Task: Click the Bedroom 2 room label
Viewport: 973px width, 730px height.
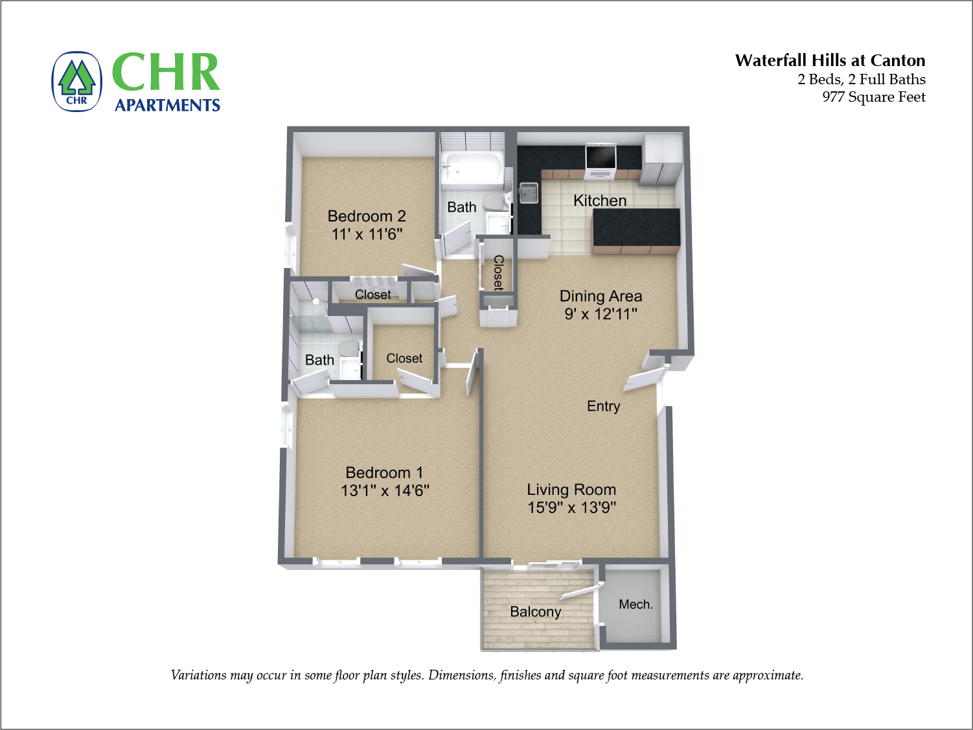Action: click(x=367, y=216)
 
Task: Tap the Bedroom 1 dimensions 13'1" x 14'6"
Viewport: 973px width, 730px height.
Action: click(x=385, y=491)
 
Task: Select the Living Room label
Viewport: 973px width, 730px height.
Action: click(x=571, y=490)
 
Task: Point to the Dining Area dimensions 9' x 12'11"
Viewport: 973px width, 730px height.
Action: click(x=601, y=314)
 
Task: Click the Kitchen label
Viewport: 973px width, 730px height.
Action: click(x=600, y=201)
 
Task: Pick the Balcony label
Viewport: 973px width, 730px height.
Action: click(x=535, y=611)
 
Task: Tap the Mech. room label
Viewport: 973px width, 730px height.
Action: click(x=635, y=604)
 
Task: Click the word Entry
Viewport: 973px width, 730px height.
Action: click(x=603, y=406)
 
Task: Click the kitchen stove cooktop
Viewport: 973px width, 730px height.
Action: click(x=601, y=157)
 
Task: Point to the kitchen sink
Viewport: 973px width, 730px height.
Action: click(x=528, y=193)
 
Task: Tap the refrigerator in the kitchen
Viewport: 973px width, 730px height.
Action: click(x=661, y=159)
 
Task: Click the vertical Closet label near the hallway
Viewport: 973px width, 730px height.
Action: click(x=498, y=273)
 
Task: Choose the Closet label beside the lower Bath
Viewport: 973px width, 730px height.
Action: click(x=404, y=358)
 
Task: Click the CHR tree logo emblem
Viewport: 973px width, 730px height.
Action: click(x=77, y=82)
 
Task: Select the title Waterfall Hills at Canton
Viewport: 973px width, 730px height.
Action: click(x=830, y=61)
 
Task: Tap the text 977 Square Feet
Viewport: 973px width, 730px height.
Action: click(x=873, y=97)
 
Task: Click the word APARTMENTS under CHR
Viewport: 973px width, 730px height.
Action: click(x=167, y=106)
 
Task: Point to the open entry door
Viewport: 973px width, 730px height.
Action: click(x=644, y=380)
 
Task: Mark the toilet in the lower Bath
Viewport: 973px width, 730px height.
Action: click(x=349, y=349)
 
